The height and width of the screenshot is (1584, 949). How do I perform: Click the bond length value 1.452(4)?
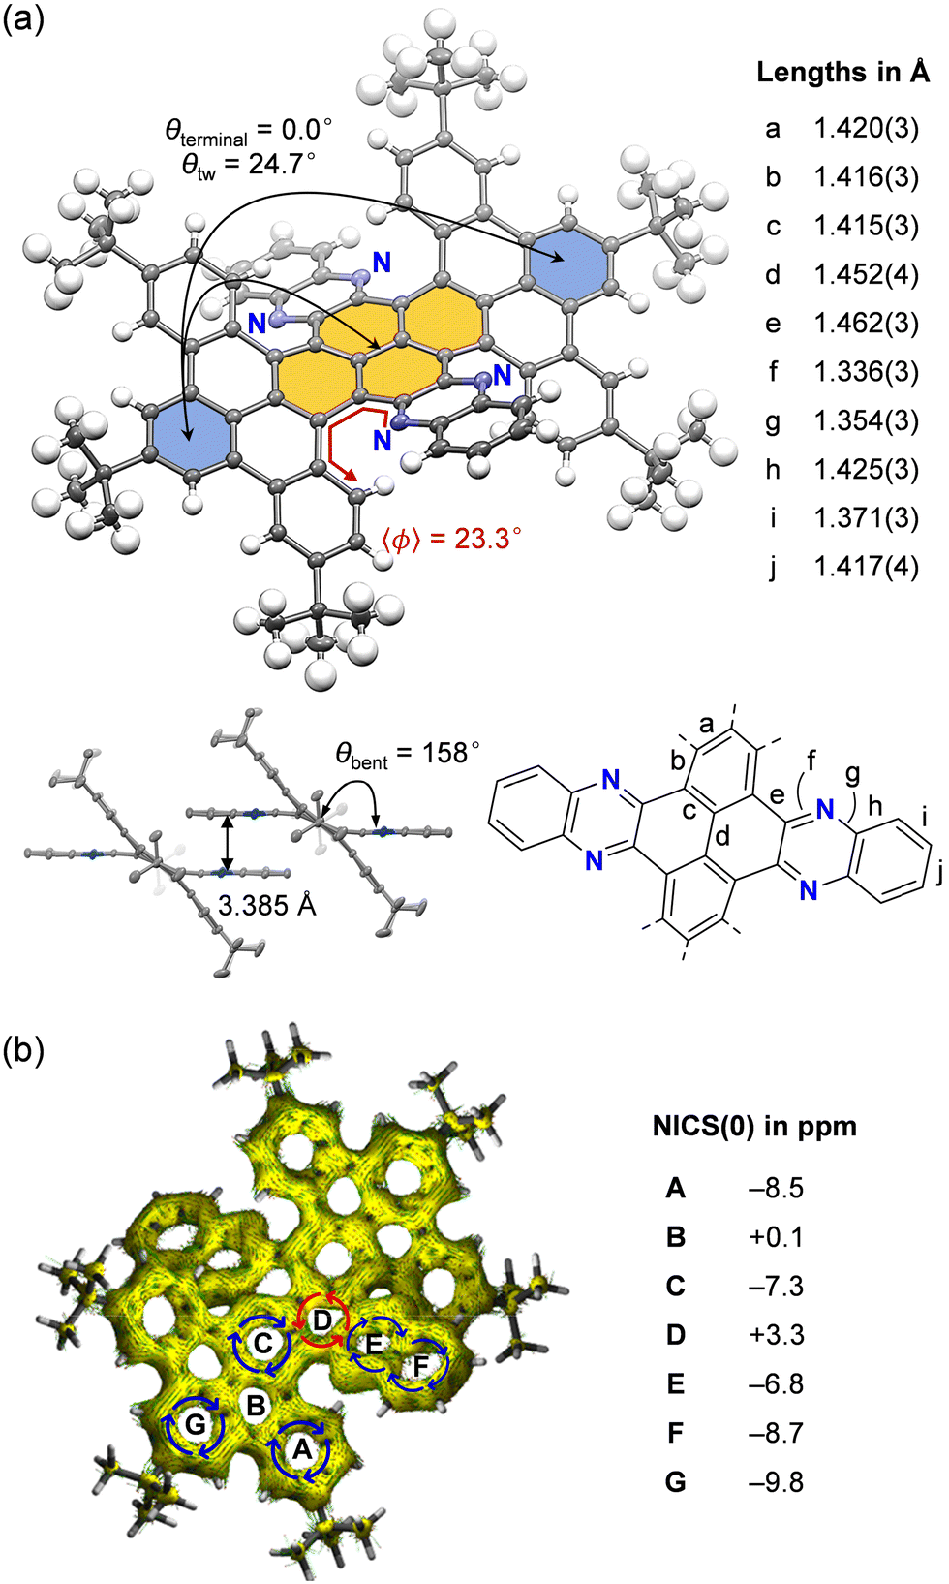(x=867, y=274)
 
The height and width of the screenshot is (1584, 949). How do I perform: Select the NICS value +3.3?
(x=776, y=1334)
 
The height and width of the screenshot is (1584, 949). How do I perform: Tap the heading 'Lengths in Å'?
(x=843, y=72)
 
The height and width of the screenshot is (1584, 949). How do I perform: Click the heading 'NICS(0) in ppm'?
(x=754, y=1126)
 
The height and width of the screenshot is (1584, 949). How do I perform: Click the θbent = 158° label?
(x=408, y=755)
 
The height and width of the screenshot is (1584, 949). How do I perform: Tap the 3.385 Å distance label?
(x=267, y=905)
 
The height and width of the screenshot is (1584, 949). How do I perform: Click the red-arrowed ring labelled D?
(x=322, y=1320)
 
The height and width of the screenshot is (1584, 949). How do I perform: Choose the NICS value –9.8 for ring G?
(x=776, y=1481)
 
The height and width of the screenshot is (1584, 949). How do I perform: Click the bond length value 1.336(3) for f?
(x=867, y=372)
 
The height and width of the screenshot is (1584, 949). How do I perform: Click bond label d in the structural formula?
(x=722, y=837)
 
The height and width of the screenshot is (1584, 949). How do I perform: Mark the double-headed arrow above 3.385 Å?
(x=227, y=844)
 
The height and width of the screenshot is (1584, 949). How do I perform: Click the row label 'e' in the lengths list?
(x=773, y=324)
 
